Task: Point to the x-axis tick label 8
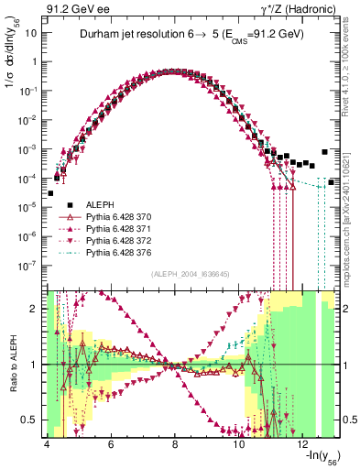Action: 175,444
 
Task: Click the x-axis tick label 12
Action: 304,444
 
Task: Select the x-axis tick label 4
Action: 46,444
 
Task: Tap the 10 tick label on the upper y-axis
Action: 30,33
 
